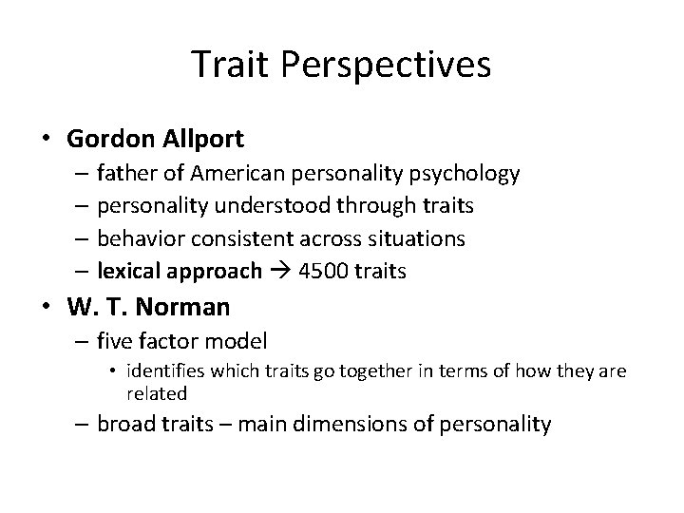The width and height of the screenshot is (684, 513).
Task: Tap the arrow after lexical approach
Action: pyautogui.click(x=280, y=271)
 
